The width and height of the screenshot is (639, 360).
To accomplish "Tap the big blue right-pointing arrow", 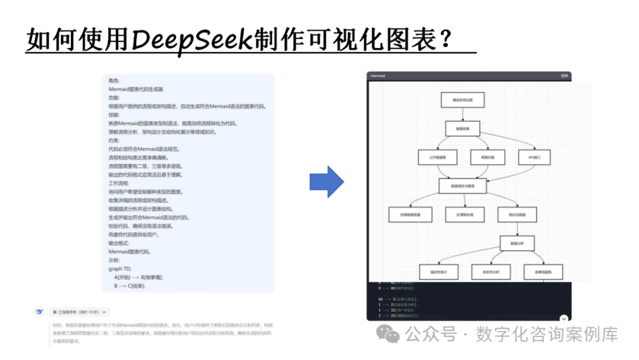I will click(x=327, y=182).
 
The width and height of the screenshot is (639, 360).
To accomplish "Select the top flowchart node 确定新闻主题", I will click(x=462, y=99).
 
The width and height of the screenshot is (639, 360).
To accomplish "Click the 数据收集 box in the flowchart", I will click(x=462, y=128).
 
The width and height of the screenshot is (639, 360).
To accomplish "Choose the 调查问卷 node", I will click(x=488, y=157).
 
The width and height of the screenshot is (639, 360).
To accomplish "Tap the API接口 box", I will click(x=535, y=157).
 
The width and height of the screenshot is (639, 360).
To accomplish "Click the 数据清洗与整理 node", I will click(x=462, y=186).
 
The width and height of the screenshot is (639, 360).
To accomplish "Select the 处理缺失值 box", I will click(x=463, y=214).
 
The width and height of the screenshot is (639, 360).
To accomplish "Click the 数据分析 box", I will click(x=517, y=243).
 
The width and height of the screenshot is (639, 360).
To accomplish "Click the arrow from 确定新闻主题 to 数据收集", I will click(x=462, y=114).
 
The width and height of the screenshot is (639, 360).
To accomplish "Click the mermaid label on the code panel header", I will click(x=377, y=76).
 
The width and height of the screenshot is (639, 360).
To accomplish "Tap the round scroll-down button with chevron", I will click(x=564, y=319).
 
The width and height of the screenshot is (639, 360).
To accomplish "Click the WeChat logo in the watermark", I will click(x=392, y=335).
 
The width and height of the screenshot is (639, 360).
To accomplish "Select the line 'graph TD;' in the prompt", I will click(x=122, y=268).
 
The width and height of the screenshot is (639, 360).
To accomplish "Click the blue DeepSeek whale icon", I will click(x=40, y=311).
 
